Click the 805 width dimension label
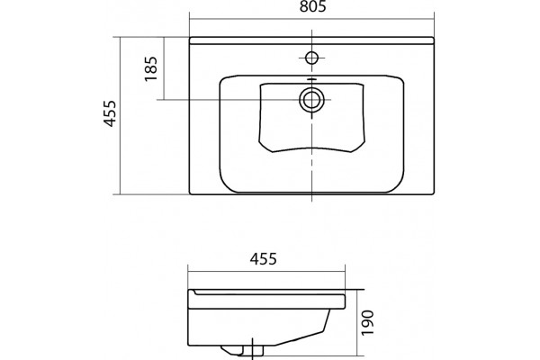coord(312,6)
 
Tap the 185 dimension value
coord(151,68)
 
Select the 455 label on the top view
coord(110,113)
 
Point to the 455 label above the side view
coord(263,259)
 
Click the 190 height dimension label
coord(368,323)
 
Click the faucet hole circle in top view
coord(311,58)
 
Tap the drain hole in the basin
coord(311,100)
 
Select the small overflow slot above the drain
coord(311,79)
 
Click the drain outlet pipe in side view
coord(253,350)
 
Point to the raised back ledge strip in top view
coord(311,40)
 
